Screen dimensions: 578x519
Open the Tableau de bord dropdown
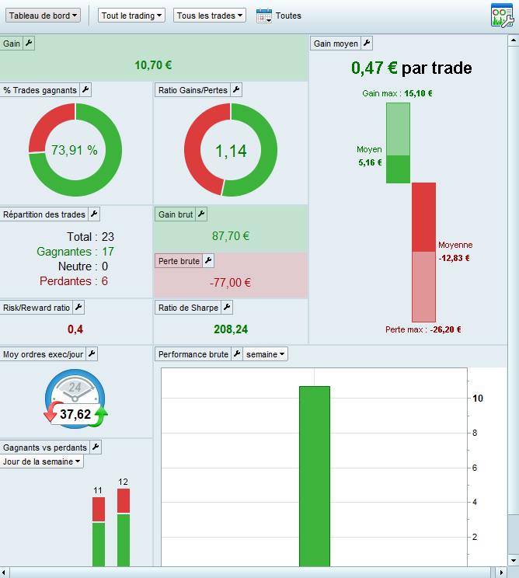click(x=44, y=16)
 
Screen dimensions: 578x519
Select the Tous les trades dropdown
click(x=210, y=16)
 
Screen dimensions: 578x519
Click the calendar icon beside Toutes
click(x=264, y=16)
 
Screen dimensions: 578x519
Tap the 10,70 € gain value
click(x=153, y=65)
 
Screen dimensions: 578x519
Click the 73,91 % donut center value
click(x=75, y=150)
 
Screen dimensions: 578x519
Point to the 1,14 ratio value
click(x=231, y=151)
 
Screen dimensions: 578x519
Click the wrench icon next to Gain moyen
click(x=367, y=44)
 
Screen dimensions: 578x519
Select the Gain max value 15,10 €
click(x=418, y=93)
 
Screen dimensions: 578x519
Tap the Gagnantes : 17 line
click(x=75, y=252)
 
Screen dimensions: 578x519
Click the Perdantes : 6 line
click(x=75, y=280)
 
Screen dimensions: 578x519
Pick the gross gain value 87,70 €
click(x=231, y=235)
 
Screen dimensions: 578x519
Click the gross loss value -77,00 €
click(x=231, y=283)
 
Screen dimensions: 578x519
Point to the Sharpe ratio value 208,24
click(x=231, y=329)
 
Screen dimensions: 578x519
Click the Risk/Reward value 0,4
click(x=75, y=329)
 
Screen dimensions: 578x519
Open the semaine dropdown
click(x=265, y=354)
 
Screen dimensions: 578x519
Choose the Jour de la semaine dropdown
click(x=42, y=461)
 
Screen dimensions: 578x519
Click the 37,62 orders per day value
click(x=75, y=414)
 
